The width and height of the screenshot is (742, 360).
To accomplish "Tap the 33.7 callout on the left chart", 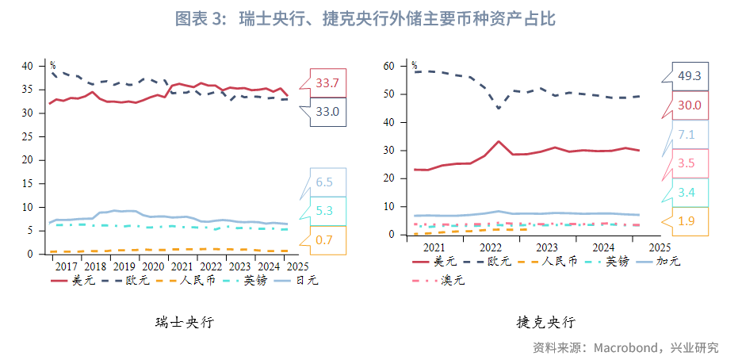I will click(x=327, y=82).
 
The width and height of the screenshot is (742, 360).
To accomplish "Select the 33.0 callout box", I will click(x=327, y=112).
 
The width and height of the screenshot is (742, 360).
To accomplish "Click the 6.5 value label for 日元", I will click(x=324, y=182).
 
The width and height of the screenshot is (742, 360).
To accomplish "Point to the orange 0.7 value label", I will click(x=324, y=239).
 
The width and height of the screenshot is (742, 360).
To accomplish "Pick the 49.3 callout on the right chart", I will click(x=689, y=75).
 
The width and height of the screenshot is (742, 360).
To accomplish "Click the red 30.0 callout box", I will click(x=689, y=105).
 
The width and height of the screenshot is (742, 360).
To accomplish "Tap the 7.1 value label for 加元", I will click(x=687, y=134).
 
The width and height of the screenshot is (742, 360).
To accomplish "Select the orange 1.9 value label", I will click(x=687, y=221).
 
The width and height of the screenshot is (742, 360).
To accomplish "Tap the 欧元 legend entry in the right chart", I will click(x=487, y=261).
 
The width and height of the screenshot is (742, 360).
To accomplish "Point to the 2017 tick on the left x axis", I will click(x=67, y=266).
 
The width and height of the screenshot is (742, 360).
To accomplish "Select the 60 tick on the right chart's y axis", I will click(x=388, y=66).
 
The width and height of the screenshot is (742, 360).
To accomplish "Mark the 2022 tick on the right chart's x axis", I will click(x=490, y=247).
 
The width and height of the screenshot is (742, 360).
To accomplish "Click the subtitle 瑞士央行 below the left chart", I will click(x=185, y=322).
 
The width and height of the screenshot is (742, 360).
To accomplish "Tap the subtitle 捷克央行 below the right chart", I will click(x=546, y=322).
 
